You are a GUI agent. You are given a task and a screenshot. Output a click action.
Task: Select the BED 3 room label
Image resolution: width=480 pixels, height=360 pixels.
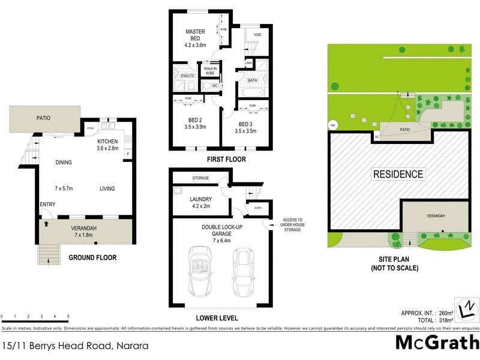coord(246,125)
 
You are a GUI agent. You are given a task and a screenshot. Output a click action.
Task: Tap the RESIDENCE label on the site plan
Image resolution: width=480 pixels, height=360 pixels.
coord(398,175)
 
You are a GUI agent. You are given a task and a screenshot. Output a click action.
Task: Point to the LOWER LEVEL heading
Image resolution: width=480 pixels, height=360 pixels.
coord(217,318)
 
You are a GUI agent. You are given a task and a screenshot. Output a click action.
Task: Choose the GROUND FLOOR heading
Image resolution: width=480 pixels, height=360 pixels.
coord(92,257)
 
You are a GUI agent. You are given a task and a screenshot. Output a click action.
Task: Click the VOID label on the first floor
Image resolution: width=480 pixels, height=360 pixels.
coord(257,35)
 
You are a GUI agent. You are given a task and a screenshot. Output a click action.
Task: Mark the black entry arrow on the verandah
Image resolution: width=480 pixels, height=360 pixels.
coord(45,224)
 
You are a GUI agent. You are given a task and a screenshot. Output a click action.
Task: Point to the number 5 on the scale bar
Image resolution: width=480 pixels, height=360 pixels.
coord(68,316)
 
